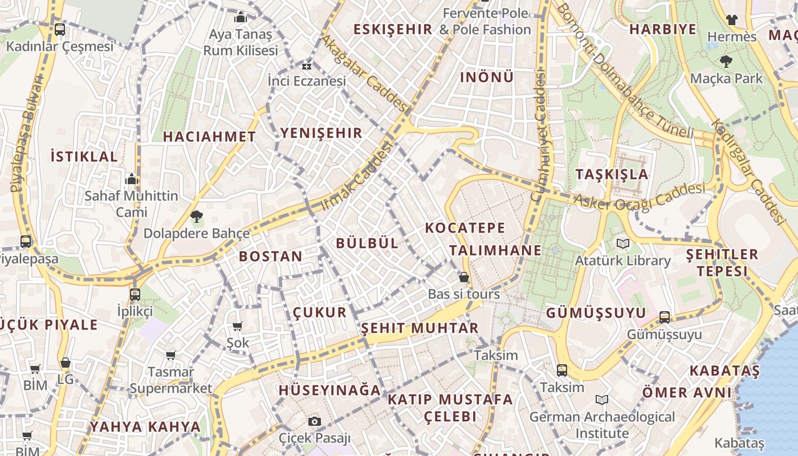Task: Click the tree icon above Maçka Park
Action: coord(726,61)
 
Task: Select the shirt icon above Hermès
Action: coord(732,20)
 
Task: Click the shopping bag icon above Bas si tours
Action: coord(464,278)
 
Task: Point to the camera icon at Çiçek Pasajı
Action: coord(314,422)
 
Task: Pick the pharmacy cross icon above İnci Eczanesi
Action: coord(307,65)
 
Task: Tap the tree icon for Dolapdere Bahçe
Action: coord(197,217)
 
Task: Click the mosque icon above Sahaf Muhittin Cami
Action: coord(132,179)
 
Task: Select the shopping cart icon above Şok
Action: coord(238,327)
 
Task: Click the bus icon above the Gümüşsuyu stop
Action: coord(665,317)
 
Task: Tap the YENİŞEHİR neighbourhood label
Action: coord(321,133)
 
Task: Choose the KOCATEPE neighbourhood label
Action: coord(465,228)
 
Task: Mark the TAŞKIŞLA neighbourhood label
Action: coord(612,174)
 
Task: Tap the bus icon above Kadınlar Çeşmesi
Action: coord(60,30)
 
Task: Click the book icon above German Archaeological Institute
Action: coord(602,400)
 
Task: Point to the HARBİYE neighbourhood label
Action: coord(663,30)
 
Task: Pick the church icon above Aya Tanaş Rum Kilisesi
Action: coord(241,17)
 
